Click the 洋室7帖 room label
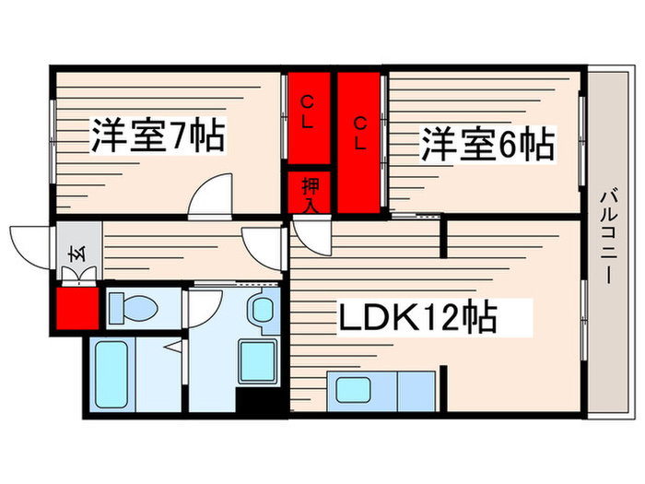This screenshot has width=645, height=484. point(158,137)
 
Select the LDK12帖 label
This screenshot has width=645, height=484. point(418,319)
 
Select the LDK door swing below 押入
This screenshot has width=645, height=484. point(310,237)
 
